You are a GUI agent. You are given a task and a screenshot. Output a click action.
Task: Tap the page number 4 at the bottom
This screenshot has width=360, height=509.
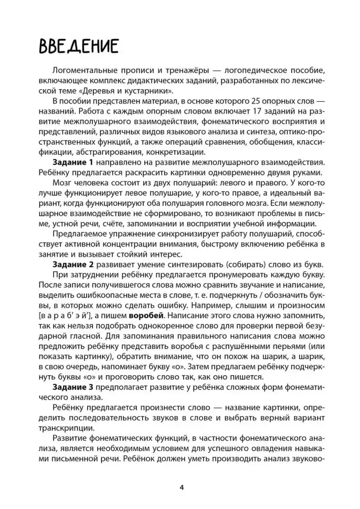click(181, 486)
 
